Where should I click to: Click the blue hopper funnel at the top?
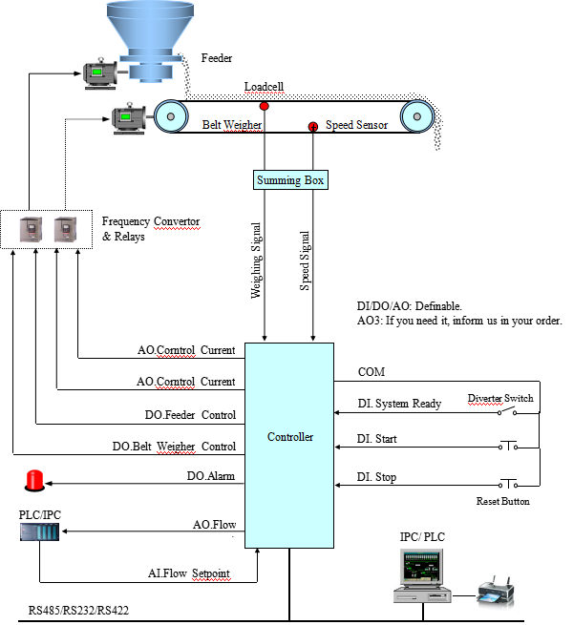[150, 24]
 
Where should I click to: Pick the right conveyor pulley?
[415, 117]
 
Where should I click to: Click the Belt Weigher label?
[232, 125]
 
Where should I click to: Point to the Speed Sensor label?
[356, 125]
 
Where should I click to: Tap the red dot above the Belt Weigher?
[265, 106]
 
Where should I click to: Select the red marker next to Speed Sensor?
[312, 127]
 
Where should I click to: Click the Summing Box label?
[290, 180]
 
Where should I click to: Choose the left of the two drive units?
[32, 229]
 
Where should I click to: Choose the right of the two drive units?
[66, 229]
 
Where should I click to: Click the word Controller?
[289, 437]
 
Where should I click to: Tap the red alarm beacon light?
[34, 480]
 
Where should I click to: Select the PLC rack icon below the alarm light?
[39, 531]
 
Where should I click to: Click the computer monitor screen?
[421, 571]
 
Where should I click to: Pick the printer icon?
[496, 592]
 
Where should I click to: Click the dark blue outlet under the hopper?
[149, 68]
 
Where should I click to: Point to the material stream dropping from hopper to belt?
[182, 76]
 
